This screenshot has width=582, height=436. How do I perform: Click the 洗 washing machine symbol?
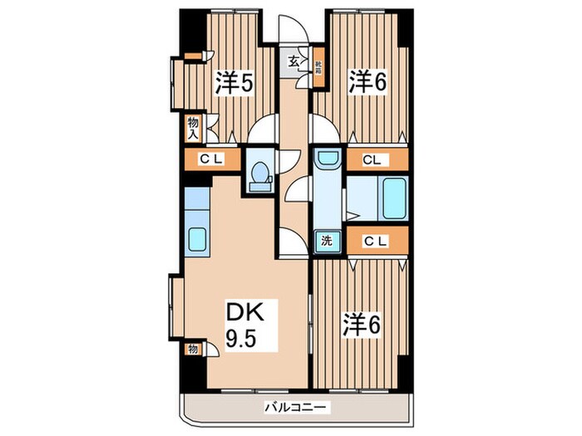[328, 242]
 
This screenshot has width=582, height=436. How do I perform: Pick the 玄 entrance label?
[293, 61]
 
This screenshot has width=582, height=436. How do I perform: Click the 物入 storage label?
[193, 127]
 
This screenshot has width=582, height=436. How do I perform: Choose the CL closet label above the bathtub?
[372, 159]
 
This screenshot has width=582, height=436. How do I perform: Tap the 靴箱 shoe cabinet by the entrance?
[318, 66]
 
